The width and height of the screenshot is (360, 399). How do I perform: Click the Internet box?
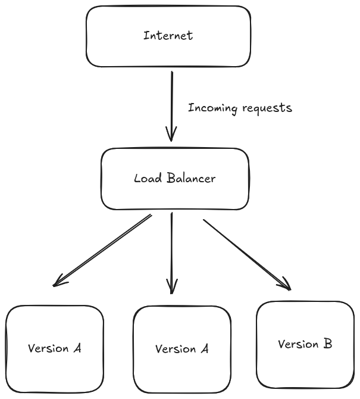[168, 36]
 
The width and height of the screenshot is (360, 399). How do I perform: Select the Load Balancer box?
[174, 179]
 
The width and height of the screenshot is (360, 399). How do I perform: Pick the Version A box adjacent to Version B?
[181, 350]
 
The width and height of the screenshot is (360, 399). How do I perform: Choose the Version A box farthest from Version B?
[54, 350]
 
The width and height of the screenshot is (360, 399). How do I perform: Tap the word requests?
[267, 108]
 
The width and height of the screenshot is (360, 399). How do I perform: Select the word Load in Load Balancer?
[145, 178]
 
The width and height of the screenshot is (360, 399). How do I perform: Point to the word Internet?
[168, 35]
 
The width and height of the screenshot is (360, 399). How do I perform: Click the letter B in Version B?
[327, 344]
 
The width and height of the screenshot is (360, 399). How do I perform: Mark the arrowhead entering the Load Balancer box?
[171, 136]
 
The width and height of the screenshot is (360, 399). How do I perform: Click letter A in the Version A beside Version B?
[204, 349]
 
